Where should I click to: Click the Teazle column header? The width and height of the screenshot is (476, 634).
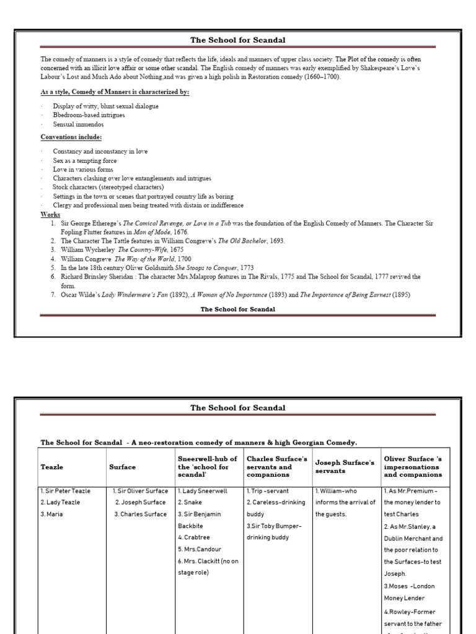pos(53,467)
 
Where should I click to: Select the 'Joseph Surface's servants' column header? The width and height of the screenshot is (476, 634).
pos(345,467)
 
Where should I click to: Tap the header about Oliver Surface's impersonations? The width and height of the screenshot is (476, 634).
pos(413,467)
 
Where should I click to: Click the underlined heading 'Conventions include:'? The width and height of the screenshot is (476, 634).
pos(71,137)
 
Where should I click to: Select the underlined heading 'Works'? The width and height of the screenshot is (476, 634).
pos(50,214)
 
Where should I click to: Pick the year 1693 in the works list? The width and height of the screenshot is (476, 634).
pos(276,241)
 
